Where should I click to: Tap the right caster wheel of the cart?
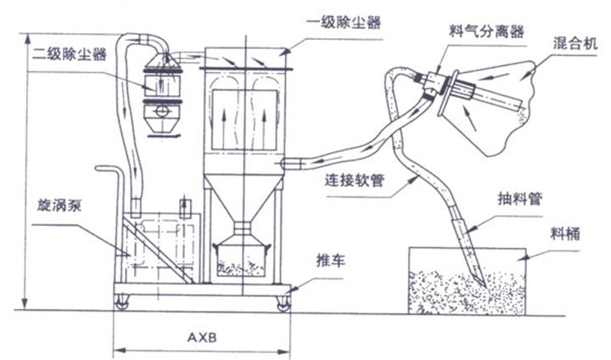(278, 300)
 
